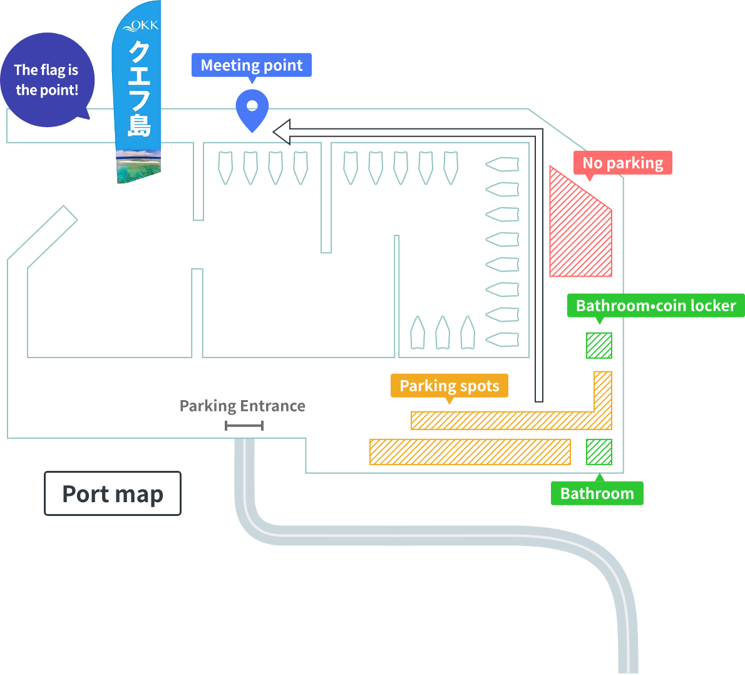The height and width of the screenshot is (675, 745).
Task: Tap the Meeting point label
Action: [x=252, y=65]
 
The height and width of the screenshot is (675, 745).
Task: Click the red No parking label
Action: [x=622, y=163]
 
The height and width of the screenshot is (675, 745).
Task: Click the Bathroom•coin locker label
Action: [x=655, y=306]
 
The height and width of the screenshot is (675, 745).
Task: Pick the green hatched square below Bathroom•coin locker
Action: [x=599, y=346]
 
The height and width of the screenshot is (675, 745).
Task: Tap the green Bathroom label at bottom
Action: [x=597, y=493]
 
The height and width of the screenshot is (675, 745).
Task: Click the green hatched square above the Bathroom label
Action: [x=599, y=452]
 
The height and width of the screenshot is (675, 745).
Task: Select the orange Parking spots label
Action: [x=449, y=386]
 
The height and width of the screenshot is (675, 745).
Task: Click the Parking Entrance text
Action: [x=242, y=406]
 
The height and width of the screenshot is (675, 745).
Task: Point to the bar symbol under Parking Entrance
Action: [x=244, y=426]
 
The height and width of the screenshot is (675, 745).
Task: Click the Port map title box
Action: [x=113, y=493]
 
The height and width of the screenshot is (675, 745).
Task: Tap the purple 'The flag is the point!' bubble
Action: [x=48, y=80]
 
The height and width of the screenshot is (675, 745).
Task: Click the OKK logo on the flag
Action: [x=141, y=26]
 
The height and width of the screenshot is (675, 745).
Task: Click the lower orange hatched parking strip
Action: [x=470, y=452]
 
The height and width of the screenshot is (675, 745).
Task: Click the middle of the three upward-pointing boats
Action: [x=442, y=332]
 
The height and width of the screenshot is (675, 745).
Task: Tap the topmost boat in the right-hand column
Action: [x=502, y=165]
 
